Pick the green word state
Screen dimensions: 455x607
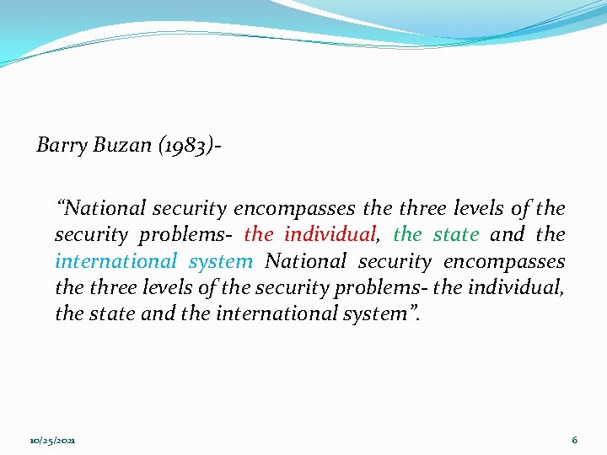click(x=456, y=234)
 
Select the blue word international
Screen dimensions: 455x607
click(x=116, y=261)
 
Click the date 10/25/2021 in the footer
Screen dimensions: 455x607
click(x=51, y=441)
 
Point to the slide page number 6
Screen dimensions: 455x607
click(x=574, y=440)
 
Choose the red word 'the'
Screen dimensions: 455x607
click(x=259, y=234)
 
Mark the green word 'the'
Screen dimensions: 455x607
click(x=408, y=234)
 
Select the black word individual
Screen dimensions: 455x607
click(x=516, y=288)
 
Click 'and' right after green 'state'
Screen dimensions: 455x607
click(x=507, y=234)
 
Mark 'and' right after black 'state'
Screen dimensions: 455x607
click(x=154, y=314)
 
